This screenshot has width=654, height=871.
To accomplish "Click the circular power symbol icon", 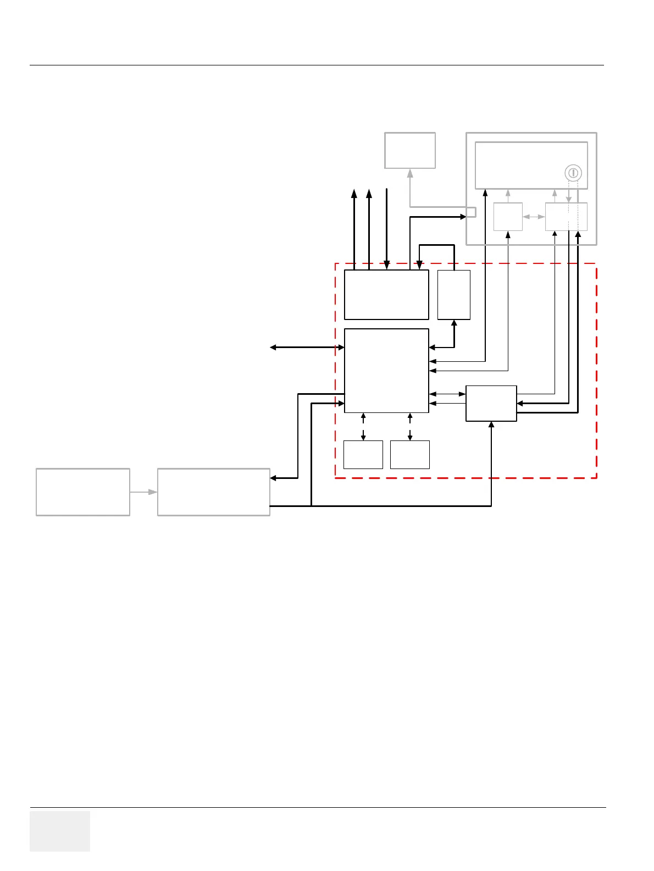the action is coord(573,173).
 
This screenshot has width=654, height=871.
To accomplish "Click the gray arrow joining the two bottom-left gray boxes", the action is coord(143,492).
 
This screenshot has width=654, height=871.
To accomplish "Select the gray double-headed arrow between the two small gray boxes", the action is coord(534,217).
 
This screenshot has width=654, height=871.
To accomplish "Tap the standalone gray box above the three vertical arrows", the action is coord(410,150).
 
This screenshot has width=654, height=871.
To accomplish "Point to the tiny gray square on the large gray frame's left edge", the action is coord(471,212).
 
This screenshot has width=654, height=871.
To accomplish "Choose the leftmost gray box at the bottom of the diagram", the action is coord(83,492).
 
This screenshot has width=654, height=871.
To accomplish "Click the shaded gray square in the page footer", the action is coord(60,831).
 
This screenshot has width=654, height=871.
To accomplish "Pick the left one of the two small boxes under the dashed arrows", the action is coord(363,455).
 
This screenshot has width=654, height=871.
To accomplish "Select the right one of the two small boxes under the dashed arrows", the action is coord(410,455).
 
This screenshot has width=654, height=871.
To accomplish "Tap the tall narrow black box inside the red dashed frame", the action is coord(454,295).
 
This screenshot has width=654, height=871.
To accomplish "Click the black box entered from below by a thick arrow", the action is coord(491,404).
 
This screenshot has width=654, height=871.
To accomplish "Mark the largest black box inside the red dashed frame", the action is coord(386,371).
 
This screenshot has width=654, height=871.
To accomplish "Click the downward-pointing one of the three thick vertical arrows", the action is coord(387,228).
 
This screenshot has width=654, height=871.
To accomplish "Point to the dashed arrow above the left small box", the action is coord(363,427).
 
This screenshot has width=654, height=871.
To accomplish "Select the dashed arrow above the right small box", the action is coord(410,427).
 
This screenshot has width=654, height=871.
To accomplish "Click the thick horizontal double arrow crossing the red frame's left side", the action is coord(307,348).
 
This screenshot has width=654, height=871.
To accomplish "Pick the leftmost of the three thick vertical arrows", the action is coord(354,228).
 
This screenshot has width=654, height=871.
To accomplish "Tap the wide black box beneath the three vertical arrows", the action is coord(386,295).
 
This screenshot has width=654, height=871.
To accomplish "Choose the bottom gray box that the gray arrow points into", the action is coord(214,492).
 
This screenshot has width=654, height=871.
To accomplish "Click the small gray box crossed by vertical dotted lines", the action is coord(566,217).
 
